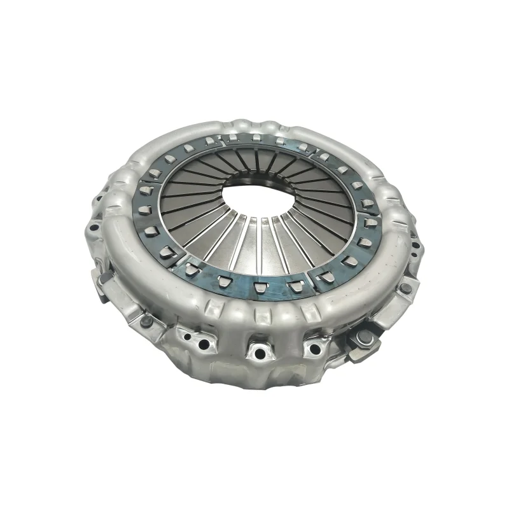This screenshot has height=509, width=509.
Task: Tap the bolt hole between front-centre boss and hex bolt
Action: click(x=314, y=347)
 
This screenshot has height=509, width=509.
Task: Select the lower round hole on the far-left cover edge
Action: click(x=94, y=227)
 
